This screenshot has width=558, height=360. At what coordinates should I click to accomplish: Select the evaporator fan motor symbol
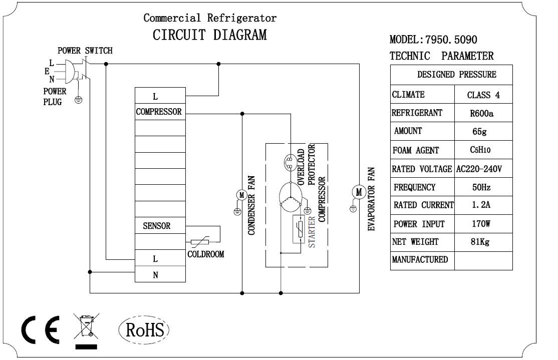[x=358, y=191]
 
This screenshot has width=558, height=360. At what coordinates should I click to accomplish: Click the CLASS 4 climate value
[x=483, y=95]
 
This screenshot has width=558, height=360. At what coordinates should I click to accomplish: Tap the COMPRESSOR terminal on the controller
[x=159, y=112]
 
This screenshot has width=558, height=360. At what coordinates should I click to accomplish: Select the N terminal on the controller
[x=155, y=275]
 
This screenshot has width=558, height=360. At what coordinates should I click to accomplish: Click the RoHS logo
[x=145, y=330]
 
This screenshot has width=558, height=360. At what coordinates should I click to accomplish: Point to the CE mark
[x=40, y=330]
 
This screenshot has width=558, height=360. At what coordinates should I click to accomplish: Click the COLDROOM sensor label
[x=205, y=254]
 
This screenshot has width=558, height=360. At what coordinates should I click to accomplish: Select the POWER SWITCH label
[x=85, y=51]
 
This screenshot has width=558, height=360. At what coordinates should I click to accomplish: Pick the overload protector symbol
[x=290, y=161]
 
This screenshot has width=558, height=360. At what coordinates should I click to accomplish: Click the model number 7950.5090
[x=447, y=40]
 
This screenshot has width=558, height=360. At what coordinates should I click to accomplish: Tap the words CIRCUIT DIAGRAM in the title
[x=209, y=35]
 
